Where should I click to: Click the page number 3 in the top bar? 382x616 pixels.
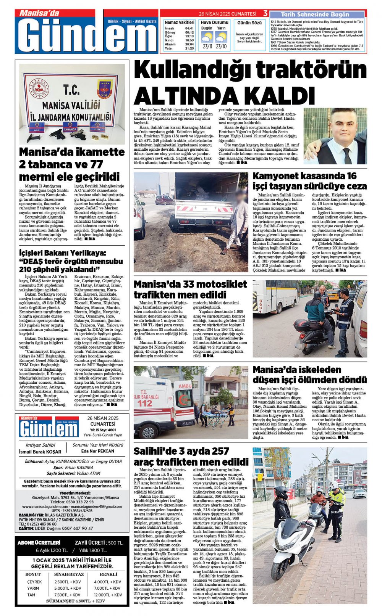click(x=265, y=13)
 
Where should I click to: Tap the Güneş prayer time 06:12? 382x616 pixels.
click(x=189, y=32)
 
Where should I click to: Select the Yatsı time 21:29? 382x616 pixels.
click(x=189, y=48)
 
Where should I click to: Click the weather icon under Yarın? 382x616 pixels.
click(x=221, y=37)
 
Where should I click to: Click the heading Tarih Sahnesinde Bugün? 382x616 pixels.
click(x=315, y=14)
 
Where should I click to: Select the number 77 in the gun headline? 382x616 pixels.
click(x=96, y=164)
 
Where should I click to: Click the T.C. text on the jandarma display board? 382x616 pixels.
click(x=71, y=90)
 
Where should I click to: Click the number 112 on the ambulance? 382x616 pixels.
click(x=145, y=403)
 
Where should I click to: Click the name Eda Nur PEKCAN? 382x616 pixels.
click(x=98, y=451)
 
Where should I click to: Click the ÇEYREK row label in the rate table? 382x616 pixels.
click(x=34, y=582)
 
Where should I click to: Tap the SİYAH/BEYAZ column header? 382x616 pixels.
click(x=69, y=574)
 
